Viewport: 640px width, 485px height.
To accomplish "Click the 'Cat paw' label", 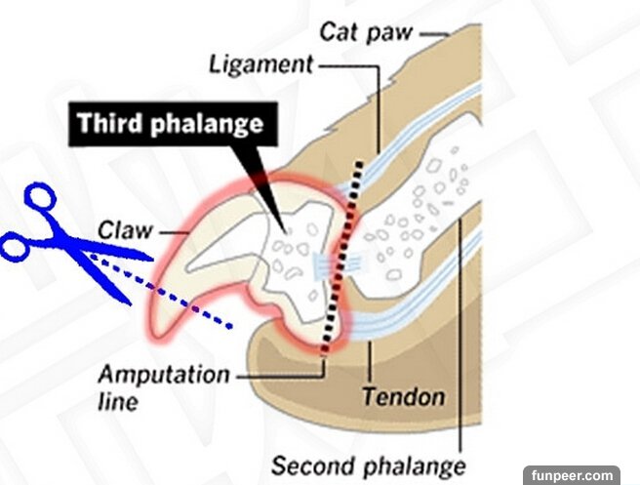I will (x=365, y=31).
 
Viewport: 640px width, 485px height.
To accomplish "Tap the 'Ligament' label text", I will (x=260, y=65).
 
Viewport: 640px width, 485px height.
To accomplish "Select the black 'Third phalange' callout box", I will (x=170, y=125).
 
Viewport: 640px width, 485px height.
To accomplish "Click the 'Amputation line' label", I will (x=164, y=385).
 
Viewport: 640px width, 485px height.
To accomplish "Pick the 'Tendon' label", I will (x=403, y=397).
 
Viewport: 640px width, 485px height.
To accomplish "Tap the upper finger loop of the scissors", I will (x=40, y=201).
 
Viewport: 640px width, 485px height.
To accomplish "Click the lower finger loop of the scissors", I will (x=14, y=247).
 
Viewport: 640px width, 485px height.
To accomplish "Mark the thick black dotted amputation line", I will (x=342, y=254).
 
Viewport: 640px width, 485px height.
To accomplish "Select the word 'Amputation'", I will (x=164, y=375).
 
